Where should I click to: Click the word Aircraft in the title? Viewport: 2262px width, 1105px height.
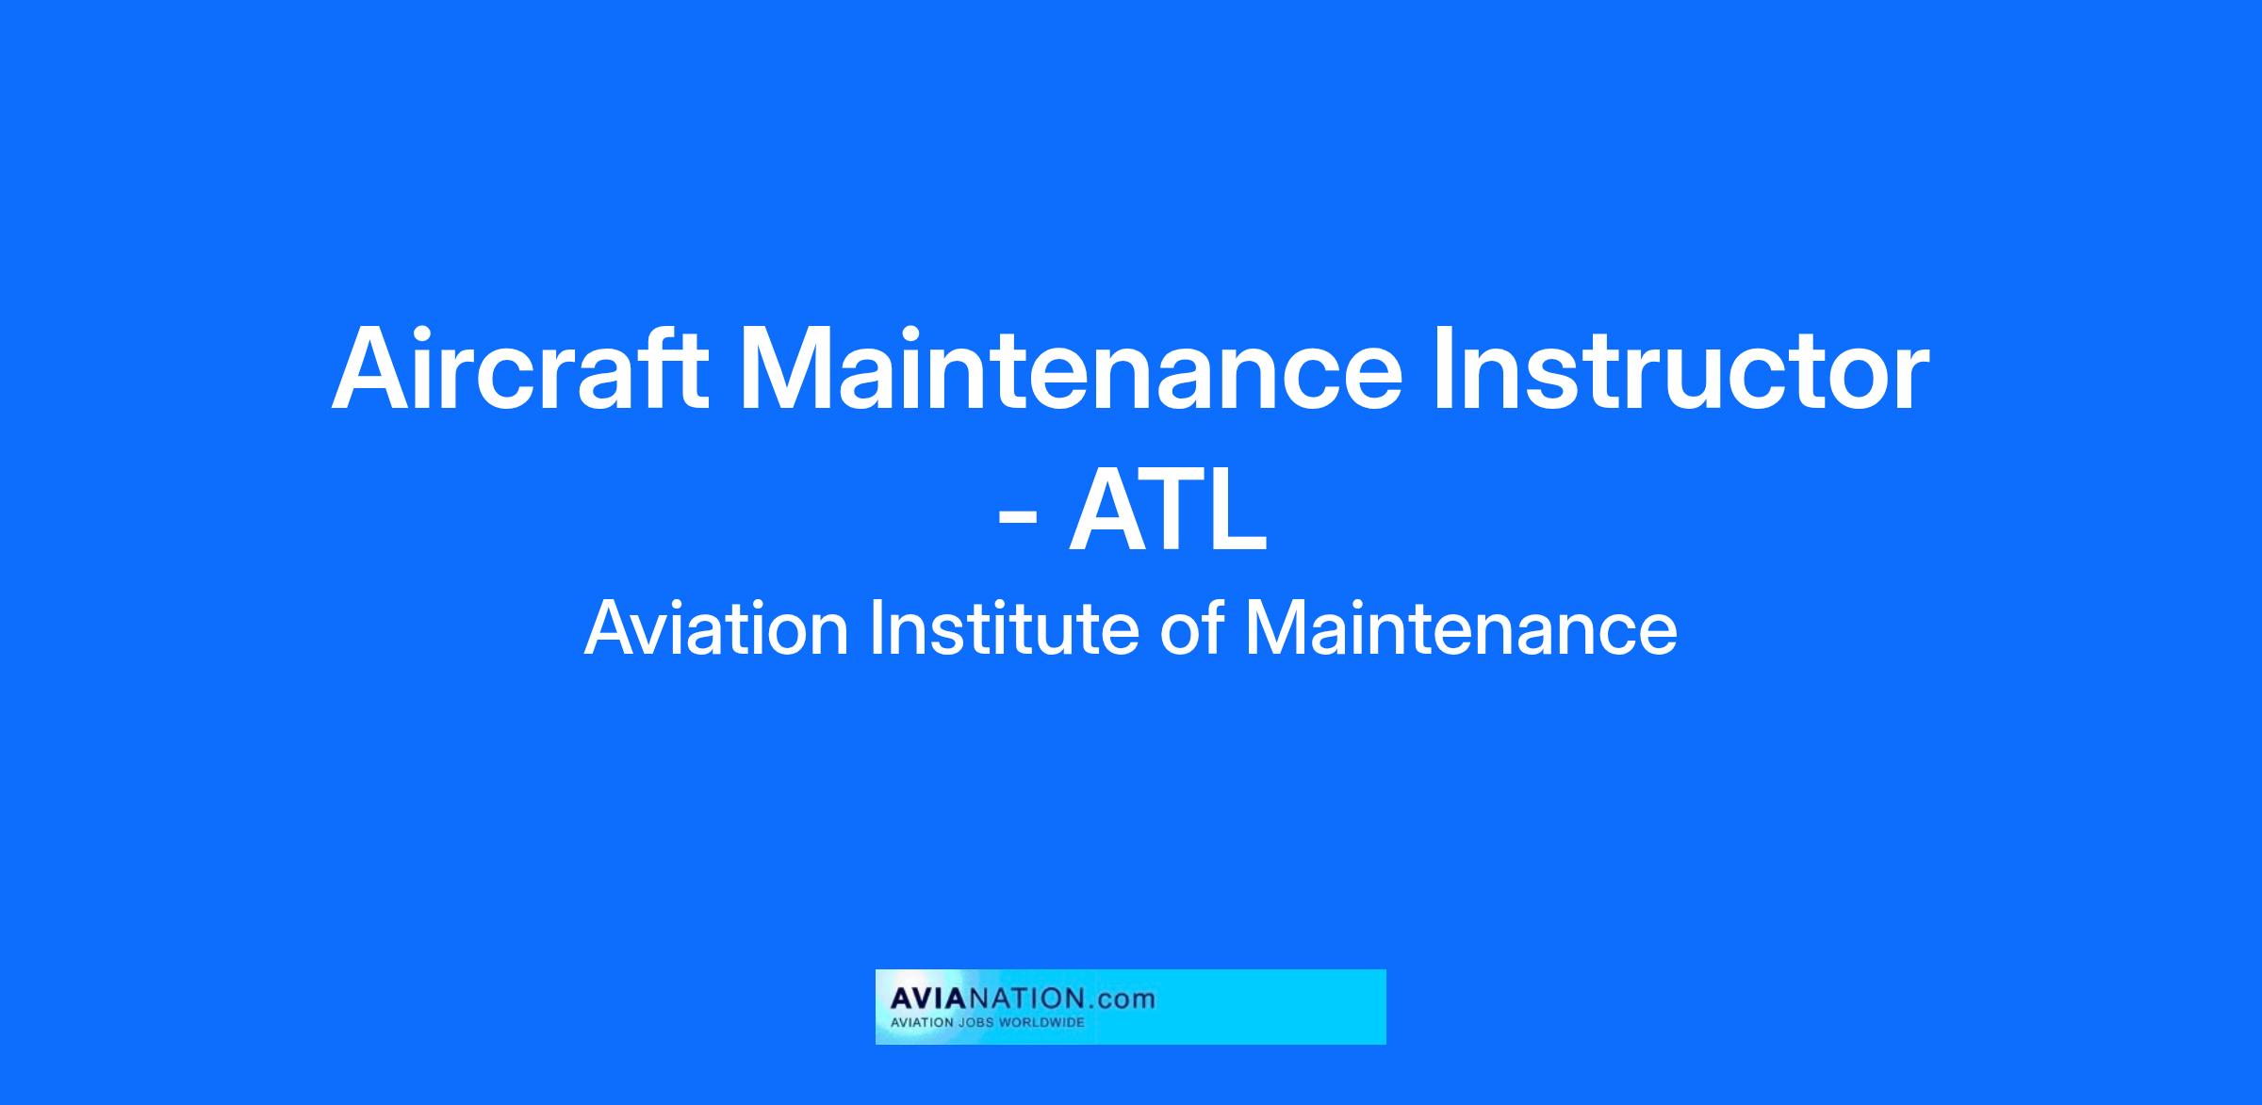tap(520, 368)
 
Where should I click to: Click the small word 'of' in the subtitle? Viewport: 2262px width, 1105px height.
tap(1192, 628)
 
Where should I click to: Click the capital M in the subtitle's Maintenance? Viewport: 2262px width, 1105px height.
tap(1272, 629)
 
